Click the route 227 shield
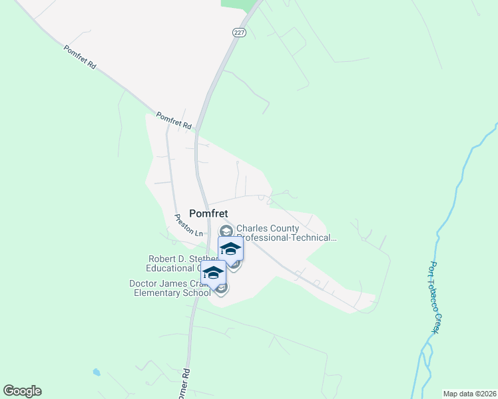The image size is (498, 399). (x=239, y=32)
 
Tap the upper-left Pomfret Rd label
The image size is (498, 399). (x=81, y=57)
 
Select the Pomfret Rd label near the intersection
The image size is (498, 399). (x=174, y=120)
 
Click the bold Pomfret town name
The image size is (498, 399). (x=208, y=213)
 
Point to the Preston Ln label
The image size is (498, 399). (x=188, y=225)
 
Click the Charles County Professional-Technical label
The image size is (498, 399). (x=286, y=233)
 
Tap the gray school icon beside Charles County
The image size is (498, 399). (x=225, y=231)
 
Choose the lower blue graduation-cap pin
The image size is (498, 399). (x=213, y=273)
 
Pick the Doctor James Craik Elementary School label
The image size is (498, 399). (x=170, y=288)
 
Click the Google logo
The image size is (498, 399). (x=22, y=391)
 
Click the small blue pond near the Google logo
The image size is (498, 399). (x=97, y=372)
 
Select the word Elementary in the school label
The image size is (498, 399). (x=157, y=293)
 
